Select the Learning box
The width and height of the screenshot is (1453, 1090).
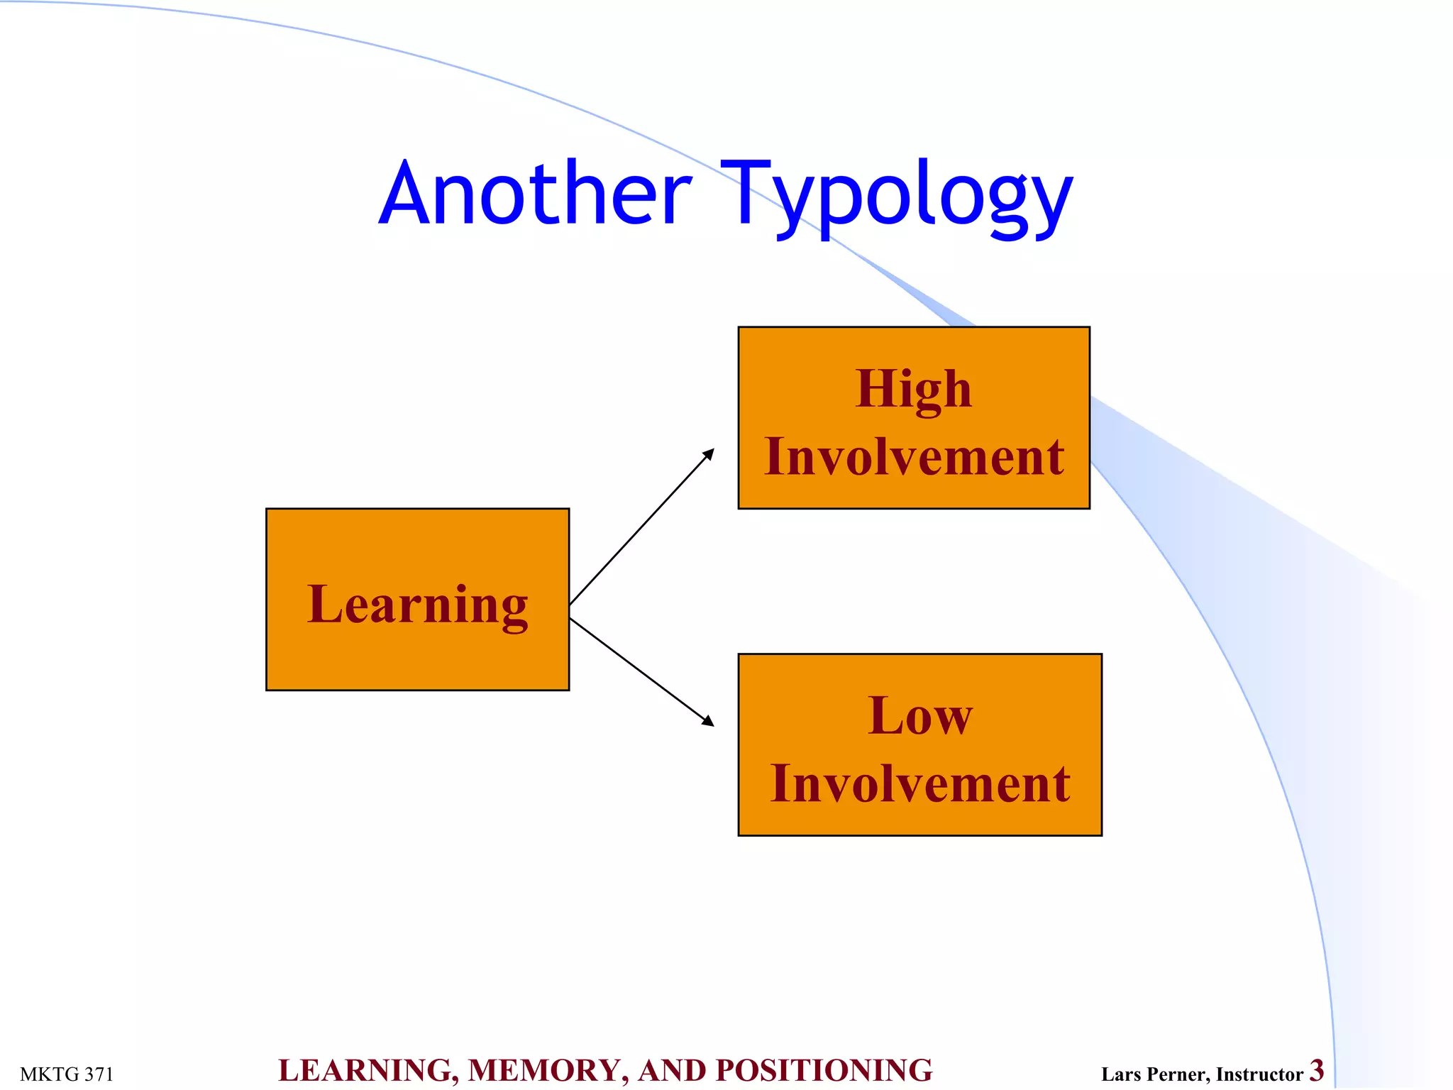tap(417, 599)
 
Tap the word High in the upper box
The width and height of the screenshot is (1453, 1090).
tap(914, 389)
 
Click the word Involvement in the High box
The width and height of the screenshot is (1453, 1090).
tap(914, 456)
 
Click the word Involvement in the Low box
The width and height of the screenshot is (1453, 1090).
tap(920, 783)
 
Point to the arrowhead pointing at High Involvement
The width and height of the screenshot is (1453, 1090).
tap(708, 454)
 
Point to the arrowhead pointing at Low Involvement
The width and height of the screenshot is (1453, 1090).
tap(707, 720)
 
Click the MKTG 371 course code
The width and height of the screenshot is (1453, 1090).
tap(67, 1074)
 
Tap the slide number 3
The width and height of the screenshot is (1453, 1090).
tap(1317, 1070)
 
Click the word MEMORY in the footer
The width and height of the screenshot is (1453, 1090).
tap(548, 1071)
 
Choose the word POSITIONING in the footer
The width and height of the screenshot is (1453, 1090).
tap(824, 1071)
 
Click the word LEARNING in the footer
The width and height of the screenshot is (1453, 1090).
tap(368, 1071)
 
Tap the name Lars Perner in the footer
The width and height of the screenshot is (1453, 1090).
tap(1154, 1074)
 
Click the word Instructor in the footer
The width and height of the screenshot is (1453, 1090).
tap(1259, 1074)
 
